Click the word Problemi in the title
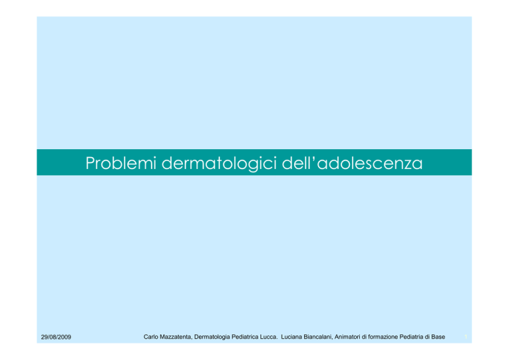[x=121, y=163]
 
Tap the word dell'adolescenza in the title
[x=352, y=162]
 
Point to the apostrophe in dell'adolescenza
[x=314, y=158]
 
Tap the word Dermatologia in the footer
[x=212, y=337]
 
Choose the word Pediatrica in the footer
[x=245, y=337]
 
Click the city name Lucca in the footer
[x=268, y=337]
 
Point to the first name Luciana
[x=292, y=337]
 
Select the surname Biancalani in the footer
[x=318, y=337]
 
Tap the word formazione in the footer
[x=382, y=337]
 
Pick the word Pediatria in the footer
[x=412, y=337]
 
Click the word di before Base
[x=427, y=337]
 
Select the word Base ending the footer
[x=438, y=337]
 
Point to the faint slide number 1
[x=466, y=337]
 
